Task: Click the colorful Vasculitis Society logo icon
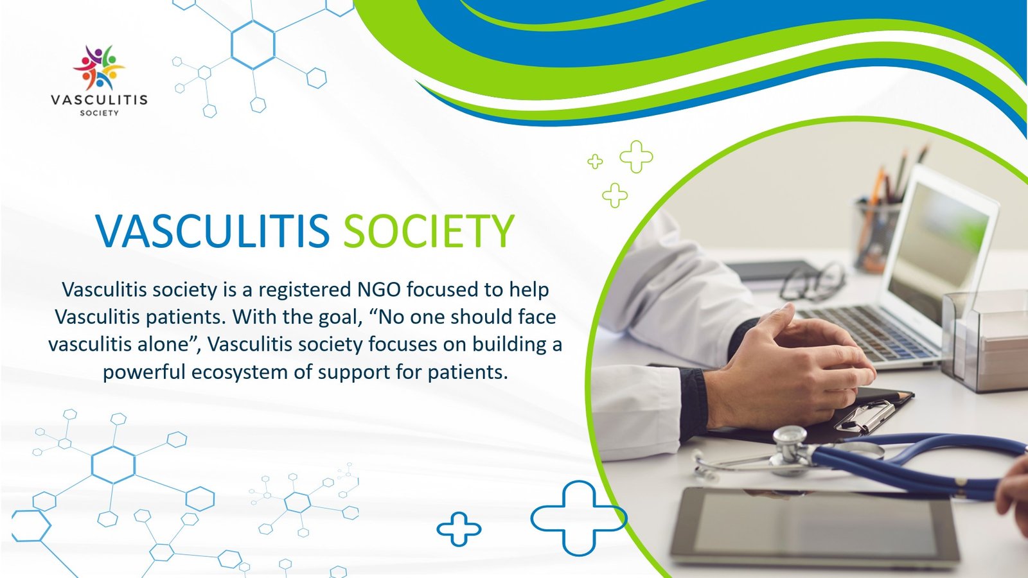pos(99,67)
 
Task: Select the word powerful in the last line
pos(144,372)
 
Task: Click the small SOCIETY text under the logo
pos(99,112)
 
